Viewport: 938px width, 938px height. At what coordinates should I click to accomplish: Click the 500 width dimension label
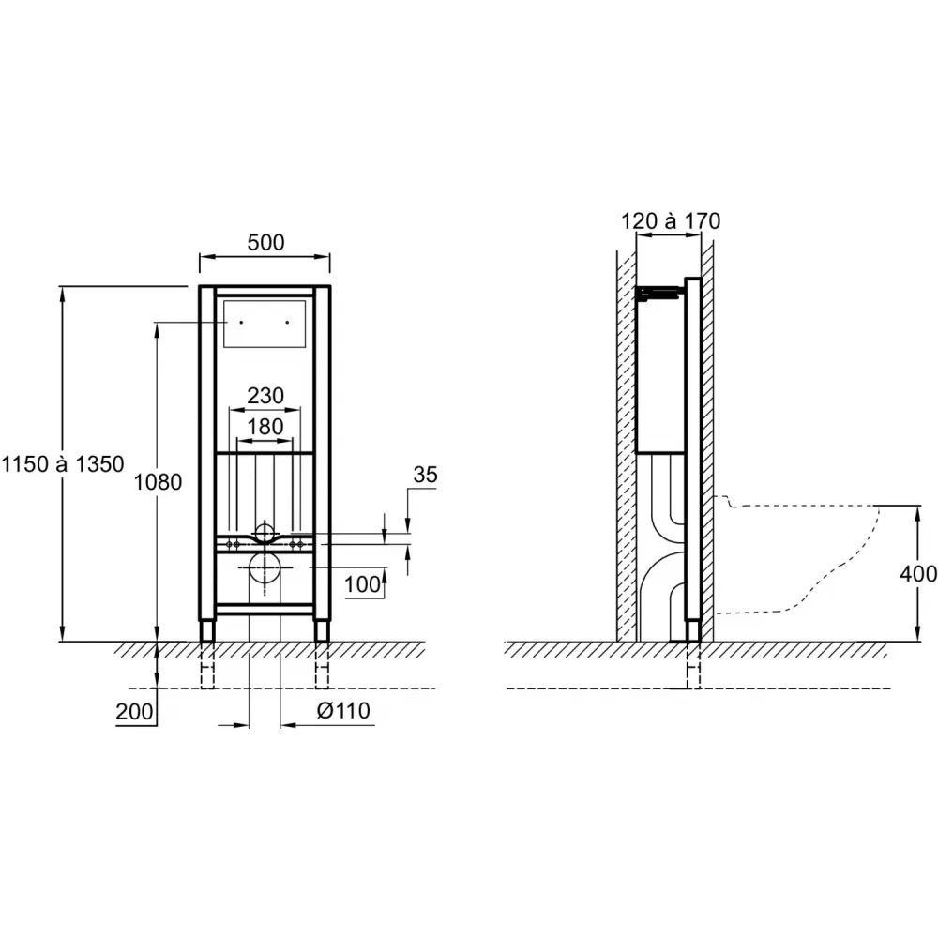click(x=265, y=242)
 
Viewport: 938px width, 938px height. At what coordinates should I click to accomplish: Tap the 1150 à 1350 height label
click(x=63, y=464)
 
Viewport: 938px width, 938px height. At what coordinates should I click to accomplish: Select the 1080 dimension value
click(x=158, y=481)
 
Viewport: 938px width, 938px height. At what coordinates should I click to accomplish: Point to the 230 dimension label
click(x=265, y=396)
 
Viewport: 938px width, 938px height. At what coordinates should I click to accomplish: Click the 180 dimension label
click(x=265, y=427)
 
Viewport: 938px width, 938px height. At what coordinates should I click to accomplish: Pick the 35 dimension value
click(x=425, y=475)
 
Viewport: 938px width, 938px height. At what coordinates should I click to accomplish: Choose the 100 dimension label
click(x=362, y=584)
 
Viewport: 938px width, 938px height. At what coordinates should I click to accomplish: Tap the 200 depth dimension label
click(x=134, y=711)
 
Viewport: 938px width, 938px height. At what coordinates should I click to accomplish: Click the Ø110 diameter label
click(x=343, y=711)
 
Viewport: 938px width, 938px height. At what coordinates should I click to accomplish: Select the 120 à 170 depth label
click(x=671, y=220)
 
